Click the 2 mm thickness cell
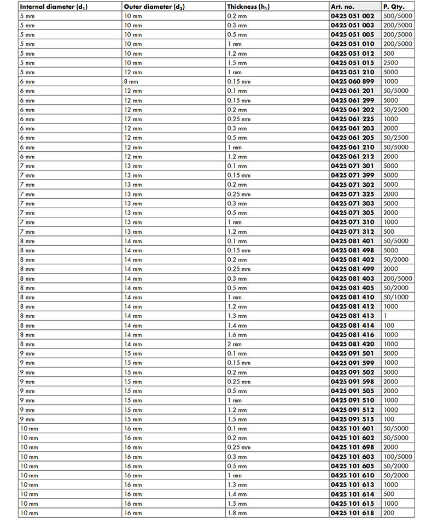(x=235, y=344)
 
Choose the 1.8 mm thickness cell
(x=238, y=513)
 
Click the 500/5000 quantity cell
(x=398, y=16)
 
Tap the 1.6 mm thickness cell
(x=238, y=335)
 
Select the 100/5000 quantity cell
(x=398, y=457)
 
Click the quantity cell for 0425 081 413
(x=385, y=316)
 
